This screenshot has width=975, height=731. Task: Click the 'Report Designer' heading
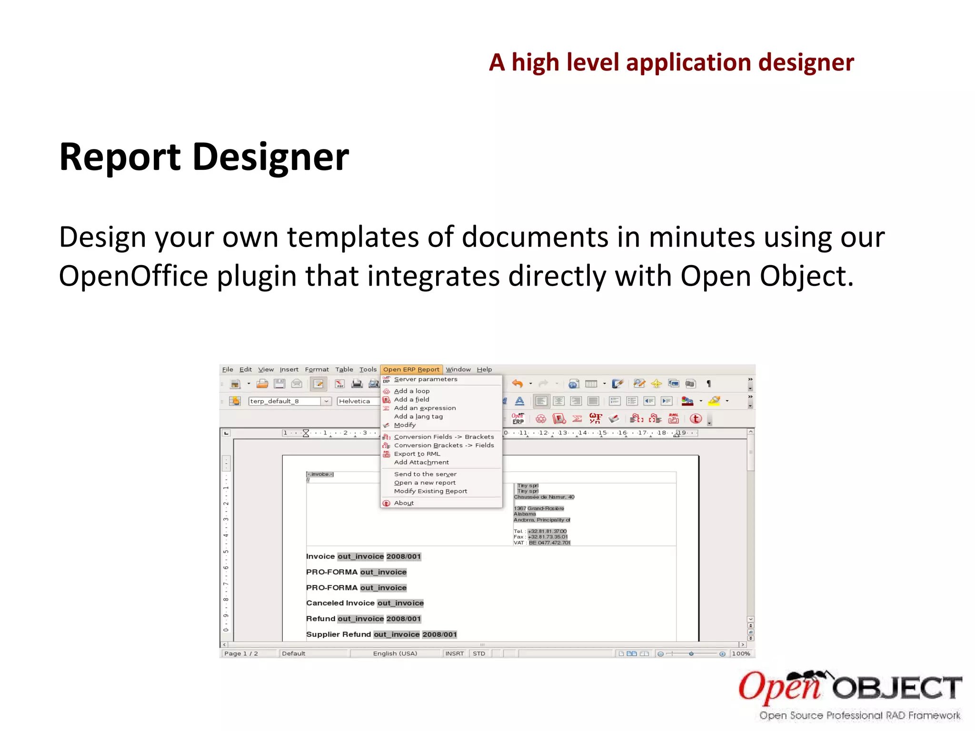[x=204, y=157]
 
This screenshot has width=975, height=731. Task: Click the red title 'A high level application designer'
[x=671, y=62]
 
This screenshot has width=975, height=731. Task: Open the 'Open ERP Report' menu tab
[x=411, y=369]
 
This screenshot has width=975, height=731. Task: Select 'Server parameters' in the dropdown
[x=425, y=379]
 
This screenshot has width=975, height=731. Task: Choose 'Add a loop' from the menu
[x=411, y=391]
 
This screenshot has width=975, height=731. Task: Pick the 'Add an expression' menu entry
[x=425, y=408]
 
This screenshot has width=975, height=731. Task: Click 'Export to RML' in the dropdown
[x=417, y=454]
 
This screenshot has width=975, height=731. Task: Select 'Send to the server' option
[x=425, y=474]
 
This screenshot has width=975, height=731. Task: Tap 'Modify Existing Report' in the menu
[x=430, y=491]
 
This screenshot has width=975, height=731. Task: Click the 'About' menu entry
[x=404, y=503]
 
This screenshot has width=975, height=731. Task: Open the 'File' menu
[x=228, y=369]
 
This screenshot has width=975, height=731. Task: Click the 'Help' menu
[x=484, y=369]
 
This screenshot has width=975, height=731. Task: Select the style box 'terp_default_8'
[x=285, y=401]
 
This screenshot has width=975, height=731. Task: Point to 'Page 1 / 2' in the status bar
[x=241, y=653]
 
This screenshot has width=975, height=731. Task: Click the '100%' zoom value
[x=741, y=653]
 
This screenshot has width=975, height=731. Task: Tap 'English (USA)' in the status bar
[x=395, y=653]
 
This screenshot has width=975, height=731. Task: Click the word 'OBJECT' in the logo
[x=897, y=688]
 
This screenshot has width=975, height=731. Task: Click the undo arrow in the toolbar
[x=517, y=384]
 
